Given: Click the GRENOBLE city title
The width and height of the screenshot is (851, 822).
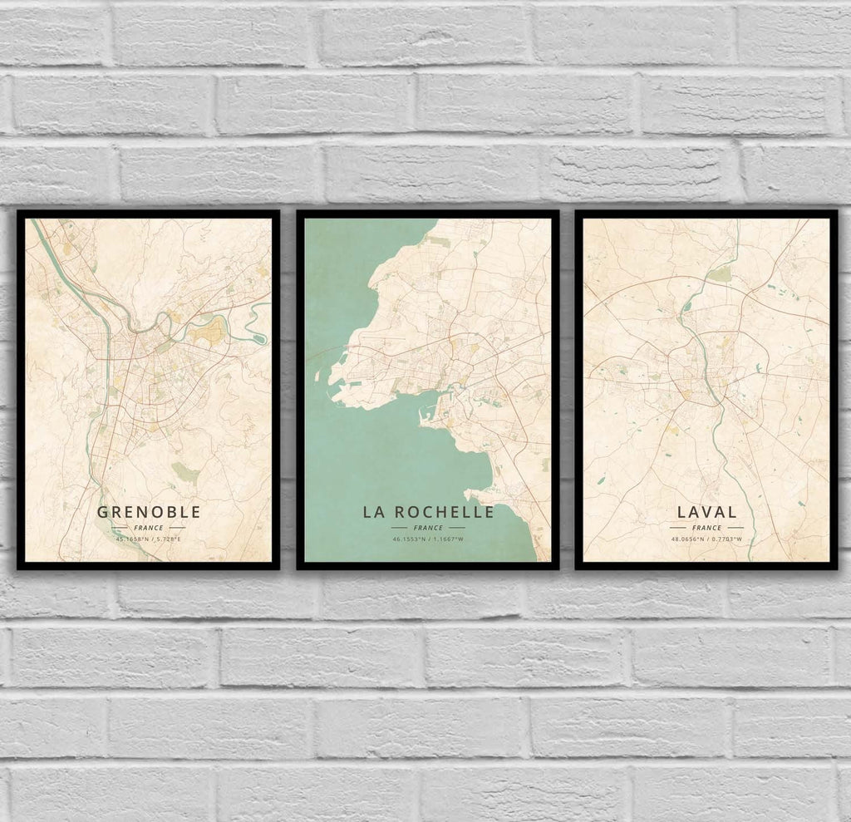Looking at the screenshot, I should click(149, 511).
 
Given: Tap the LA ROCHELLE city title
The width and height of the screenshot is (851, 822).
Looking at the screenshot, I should click(428, 512).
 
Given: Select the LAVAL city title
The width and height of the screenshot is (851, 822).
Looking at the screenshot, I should click(706, 512).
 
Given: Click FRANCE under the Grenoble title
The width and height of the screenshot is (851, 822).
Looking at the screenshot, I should click(149, 528).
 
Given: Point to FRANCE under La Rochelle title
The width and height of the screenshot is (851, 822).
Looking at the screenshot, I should click(428, 528).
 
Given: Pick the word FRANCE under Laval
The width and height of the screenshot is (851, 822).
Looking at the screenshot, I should click(706, 528).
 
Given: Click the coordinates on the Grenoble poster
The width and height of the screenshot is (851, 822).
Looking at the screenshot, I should click(149, 540).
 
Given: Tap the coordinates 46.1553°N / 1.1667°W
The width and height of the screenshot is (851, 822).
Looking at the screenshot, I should click(428, 540).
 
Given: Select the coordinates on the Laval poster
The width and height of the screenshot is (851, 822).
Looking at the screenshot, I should click(706, 540).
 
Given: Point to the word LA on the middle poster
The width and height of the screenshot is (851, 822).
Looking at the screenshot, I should click(371, 512).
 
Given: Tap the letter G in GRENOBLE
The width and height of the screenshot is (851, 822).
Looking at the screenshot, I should click(103, 511).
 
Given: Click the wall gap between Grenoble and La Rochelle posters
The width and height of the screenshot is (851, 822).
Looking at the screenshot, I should click(288, 391).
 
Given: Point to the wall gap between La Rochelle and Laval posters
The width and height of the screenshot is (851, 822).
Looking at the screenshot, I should click(567, 391).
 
